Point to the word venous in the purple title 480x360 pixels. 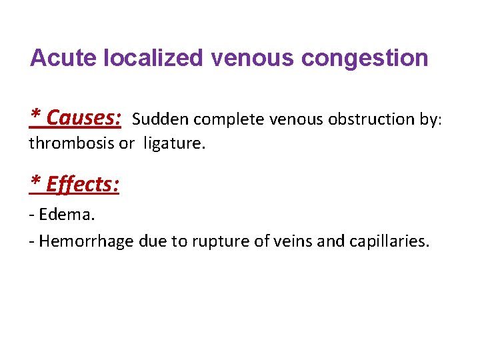[x=252, y=58]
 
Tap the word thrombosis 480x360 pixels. [x=71, y=143]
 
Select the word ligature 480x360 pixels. [x=175, y=144]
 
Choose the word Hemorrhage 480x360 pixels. [x=87, y=241]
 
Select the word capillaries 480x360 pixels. [x=389, y=241]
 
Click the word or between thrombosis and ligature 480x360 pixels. [x=126, y=143]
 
